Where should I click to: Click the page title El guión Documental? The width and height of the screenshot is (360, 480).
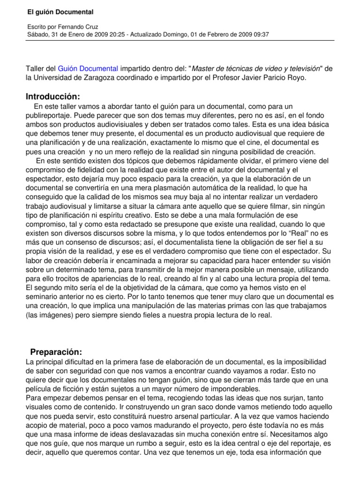pos(53,12)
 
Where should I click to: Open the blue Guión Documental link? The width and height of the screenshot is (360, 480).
pos(88,68)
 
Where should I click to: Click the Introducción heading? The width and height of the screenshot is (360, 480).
pos(53,97)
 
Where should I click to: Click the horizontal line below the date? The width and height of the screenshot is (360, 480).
pos(180,41)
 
